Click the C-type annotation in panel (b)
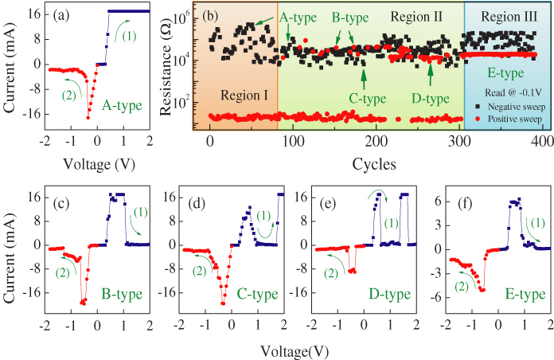click(367, 99)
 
